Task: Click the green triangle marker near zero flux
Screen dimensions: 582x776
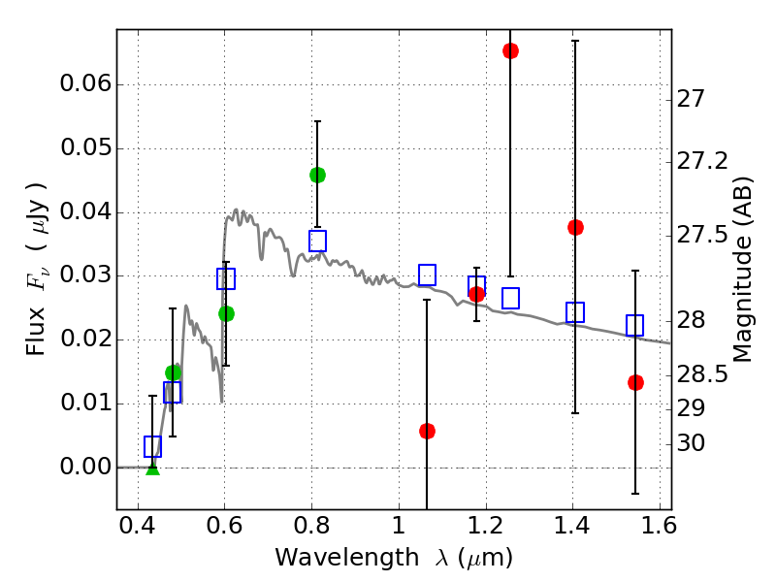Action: (x=152, y=468)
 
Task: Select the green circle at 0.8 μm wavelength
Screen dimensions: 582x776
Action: (x=317, y=175)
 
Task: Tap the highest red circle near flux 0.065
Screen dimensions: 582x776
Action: (x=510, y=50)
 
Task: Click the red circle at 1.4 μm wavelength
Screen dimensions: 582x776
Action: (x=575, y=227)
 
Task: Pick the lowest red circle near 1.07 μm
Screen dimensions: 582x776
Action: (x=427, y=431)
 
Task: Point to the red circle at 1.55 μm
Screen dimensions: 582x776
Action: (x=635, y=382)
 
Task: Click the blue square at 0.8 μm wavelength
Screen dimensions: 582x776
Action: (x=317, y=241)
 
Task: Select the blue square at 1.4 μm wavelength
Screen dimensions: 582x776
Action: (x=575, y=312)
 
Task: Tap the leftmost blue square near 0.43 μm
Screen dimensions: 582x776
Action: (x=152, y=446)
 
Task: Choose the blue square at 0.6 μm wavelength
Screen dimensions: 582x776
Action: (x=226, y=279)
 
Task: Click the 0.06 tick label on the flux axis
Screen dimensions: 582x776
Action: (x=84, y=84)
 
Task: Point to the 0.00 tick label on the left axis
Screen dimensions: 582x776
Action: (x=84, y=468)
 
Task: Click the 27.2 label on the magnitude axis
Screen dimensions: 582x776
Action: (x=700, y=161)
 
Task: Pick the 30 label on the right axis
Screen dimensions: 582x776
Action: (x=692, y=443)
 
